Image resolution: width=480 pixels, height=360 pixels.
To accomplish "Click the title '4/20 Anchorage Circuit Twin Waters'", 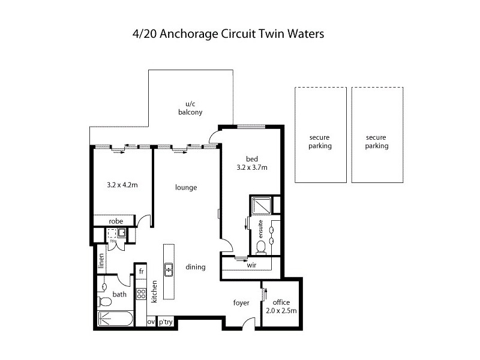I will pyautogui.click(x=227, y=34).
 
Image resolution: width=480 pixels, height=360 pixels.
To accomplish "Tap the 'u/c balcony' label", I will pyautogui.click(x=190, y=108).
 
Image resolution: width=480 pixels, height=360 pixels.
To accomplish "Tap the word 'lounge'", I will pyautogui.click(x=186, y=187).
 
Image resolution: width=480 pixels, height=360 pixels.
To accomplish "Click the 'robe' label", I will pyautogui.click(x=116, y=221).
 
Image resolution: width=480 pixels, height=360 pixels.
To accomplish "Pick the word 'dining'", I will pyautogui.click(x=196, y=267).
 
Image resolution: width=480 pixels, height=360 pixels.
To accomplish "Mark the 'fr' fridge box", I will pyautogui.click(x=141, y=271).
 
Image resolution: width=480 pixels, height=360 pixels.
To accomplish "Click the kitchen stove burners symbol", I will pyautogui.click(x=142, y=294).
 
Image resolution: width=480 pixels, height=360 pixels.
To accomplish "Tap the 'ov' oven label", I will pyautogui.click(x=151, y=322).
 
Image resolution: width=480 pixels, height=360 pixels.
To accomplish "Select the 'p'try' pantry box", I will pyautogui.click(x=165, y=322).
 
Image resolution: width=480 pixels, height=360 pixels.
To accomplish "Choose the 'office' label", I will pyautogui.click(x=281, y=302).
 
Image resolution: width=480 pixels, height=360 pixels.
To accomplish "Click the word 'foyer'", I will pyautogui.click(x=241, y=302).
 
